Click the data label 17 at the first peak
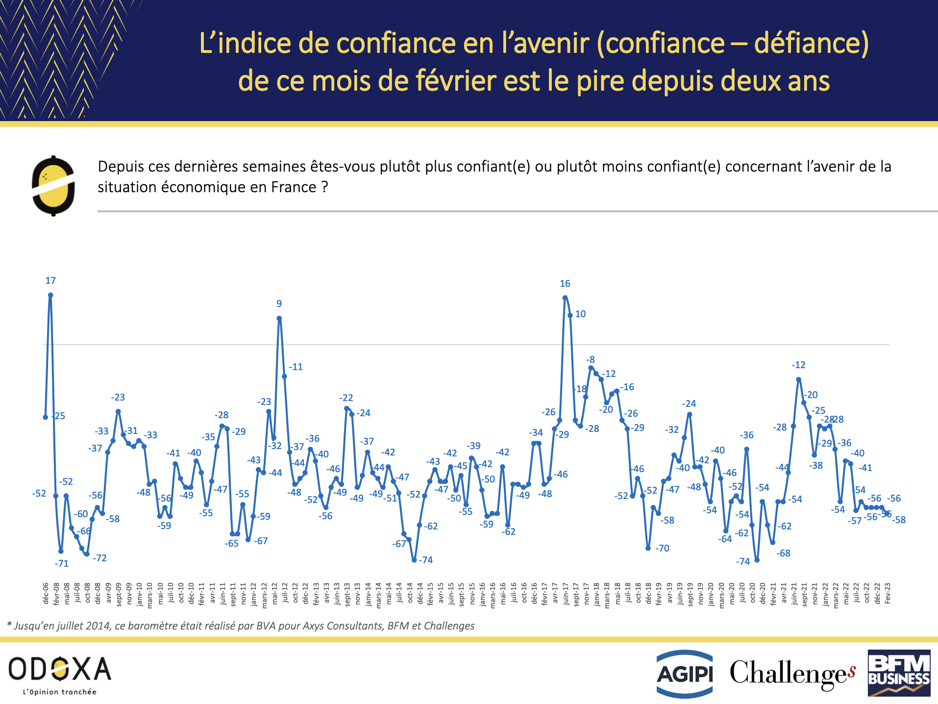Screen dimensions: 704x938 pos(50,281)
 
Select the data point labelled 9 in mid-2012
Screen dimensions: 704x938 pos(279,318)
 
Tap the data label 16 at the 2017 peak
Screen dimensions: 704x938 pos(565,284)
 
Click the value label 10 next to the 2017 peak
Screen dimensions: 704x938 pos(580,314)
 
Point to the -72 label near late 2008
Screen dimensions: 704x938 pos(99,558)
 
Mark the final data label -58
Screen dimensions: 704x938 pos(899,520)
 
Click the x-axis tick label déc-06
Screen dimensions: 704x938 pos(46,593)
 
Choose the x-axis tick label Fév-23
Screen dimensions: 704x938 pos(888,593)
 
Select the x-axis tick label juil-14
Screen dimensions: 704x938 pos(399,593)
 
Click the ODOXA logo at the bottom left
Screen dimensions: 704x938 pos(60,674)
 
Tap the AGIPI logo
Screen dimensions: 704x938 pos(684,674)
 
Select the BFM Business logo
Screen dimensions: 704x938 pos(899,673)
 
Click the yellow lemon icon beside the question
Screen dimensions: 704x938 pos(53,186)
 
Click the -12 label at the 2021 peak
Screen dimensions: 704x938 pos(798,365)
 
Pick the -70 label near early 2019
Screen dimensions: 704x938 pos(662,549)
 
